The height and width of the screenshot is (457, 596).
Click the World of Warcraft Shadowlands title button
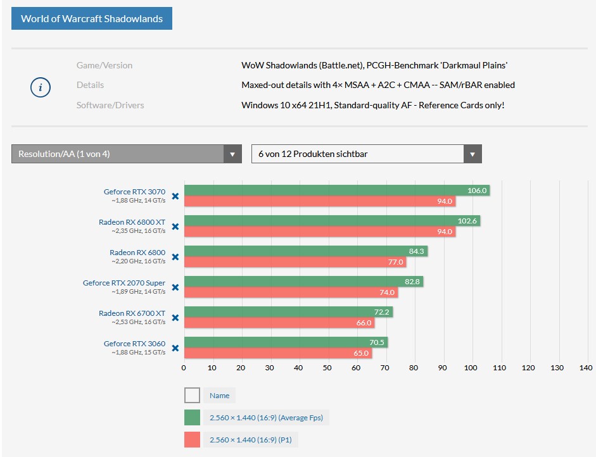point(92,18)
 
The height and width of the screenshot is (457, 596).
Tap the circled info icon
point(41,87)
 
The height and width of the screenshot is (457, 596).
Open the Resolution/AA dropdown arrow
point(232,154)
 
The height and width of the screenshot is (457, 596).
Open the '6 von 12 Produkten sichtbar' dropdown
point(366,154)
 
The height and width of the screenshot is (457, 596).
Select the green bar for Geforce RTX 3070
point(336,191)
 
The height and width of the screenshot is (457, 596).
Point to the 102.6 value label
point(467,221)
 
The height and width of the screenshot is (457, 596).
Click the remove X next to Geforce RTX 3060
point(175,348)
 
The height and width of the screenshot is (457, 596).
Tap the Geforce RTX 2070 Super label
point(124,283)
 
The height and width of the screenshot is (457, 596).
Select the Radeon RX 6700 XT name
point(132,313)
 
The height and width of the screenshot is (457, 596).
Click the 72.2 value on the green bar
point(382,312)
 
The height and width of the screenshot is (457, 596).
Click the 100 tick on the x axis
point(471,368)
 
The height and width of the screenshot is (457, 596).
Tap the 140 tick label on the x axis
point(585,368)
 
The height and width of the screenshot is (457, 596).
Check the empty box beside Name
point(192,396)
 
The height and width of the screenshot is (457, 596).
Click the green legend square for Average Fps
point(192,418)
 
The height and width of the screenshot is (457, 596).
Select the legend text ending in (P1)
point(255,440)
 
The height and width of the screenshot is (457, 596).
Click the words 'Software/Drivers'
point(110,105)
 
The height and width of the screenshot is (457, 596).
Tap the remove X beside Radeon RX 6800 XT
point(175,227)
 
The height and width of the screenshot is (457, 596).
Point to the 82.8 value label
point(412,282)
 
